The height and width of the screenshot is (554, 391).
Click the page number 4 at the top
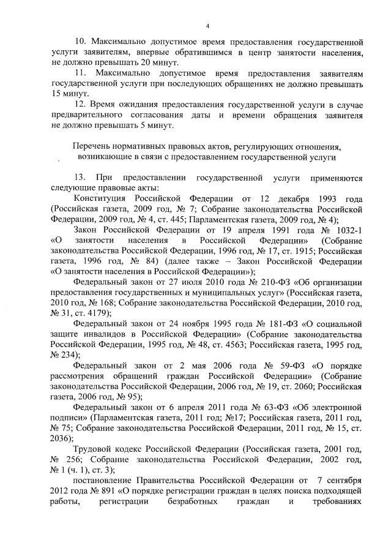208,26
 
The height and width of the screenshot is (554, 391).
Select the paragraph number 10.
80,42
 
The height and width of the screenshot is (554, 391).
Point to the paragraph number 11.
80,73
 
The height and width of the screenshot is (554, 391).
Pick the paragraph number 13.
80,177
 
